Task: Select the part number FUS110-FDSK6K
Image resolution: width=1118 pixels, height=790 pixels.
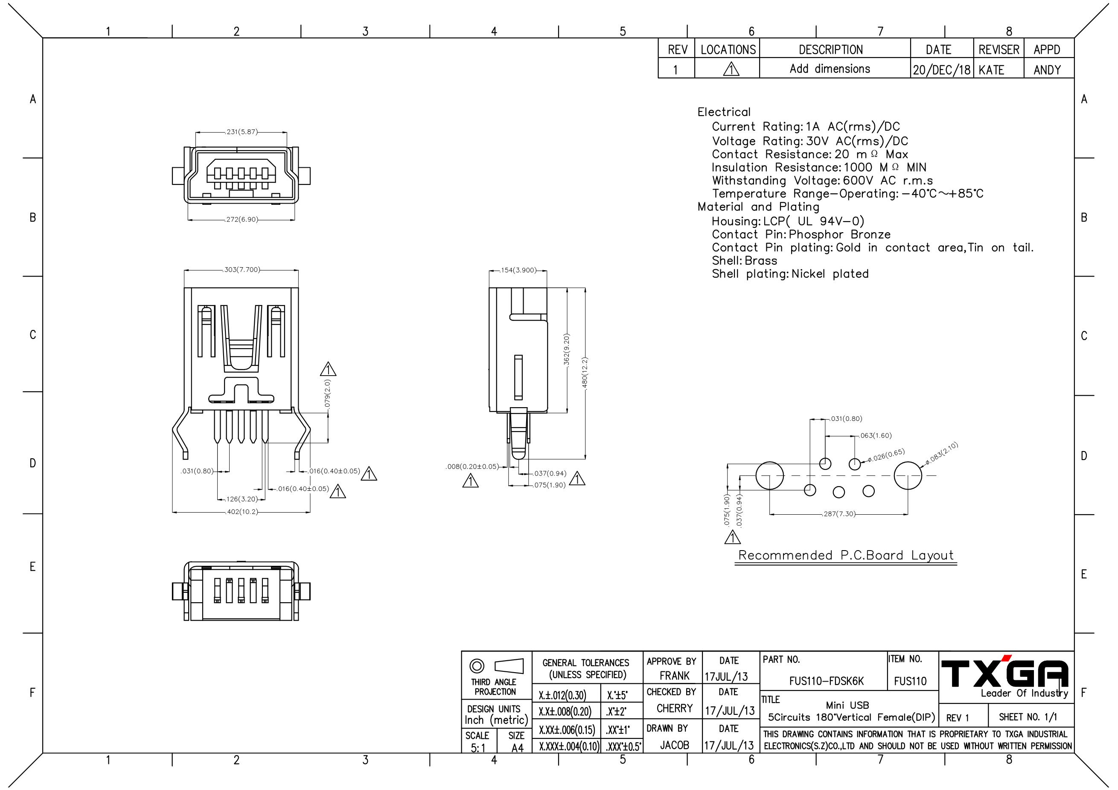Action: [826, 681]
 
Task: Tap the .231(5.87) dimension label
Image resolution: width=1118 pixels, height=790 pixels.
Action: [241, 131]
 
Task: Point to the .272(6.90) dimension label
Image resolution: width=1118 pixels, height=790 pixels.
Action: [241, 220]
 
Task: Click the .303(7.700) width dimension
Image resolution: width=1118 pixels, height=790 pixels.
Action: [242, 269]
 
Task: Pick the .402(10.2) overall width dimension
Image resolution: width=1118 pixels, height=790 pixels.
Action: [242, 512]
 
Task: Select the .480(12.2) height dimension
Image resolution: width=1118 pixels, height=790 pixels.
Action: [585, 373]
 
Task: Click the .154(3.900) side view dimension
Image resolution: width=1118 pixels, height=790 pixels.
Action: [518, 270]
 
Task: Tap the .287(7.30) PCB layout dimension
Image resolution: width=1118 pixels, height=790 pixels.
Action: [838, 513]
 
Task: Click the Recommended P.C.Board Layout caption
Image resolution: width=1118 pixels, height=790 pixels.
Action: [846, 555]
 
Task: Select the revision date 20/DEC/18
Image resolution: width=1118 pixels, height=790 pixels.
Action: [941, 70]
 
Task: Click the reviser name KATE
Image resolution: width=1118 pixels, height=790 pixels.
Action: [991, 70]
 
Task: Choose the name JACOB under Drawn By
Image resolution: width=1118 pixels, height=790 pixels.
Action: [674, 745]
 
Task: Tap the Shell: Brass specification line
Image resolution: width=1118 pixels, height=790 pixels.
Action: [744, 261]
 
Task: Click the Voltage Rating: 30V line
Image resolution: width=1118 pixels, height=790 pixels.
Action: [809, 141]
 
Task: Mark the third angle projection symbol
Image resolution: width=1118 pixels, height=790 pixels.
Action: [496, 666]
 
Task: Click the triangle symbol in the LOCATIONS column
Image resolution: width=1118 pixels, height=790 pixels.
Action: [731, 70]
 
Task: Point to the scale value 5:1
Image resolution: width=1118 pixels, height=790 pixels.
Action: [478, 748]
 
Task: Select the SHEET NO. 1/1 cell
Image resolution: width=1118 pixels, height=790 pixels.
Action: [1028, 717]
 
